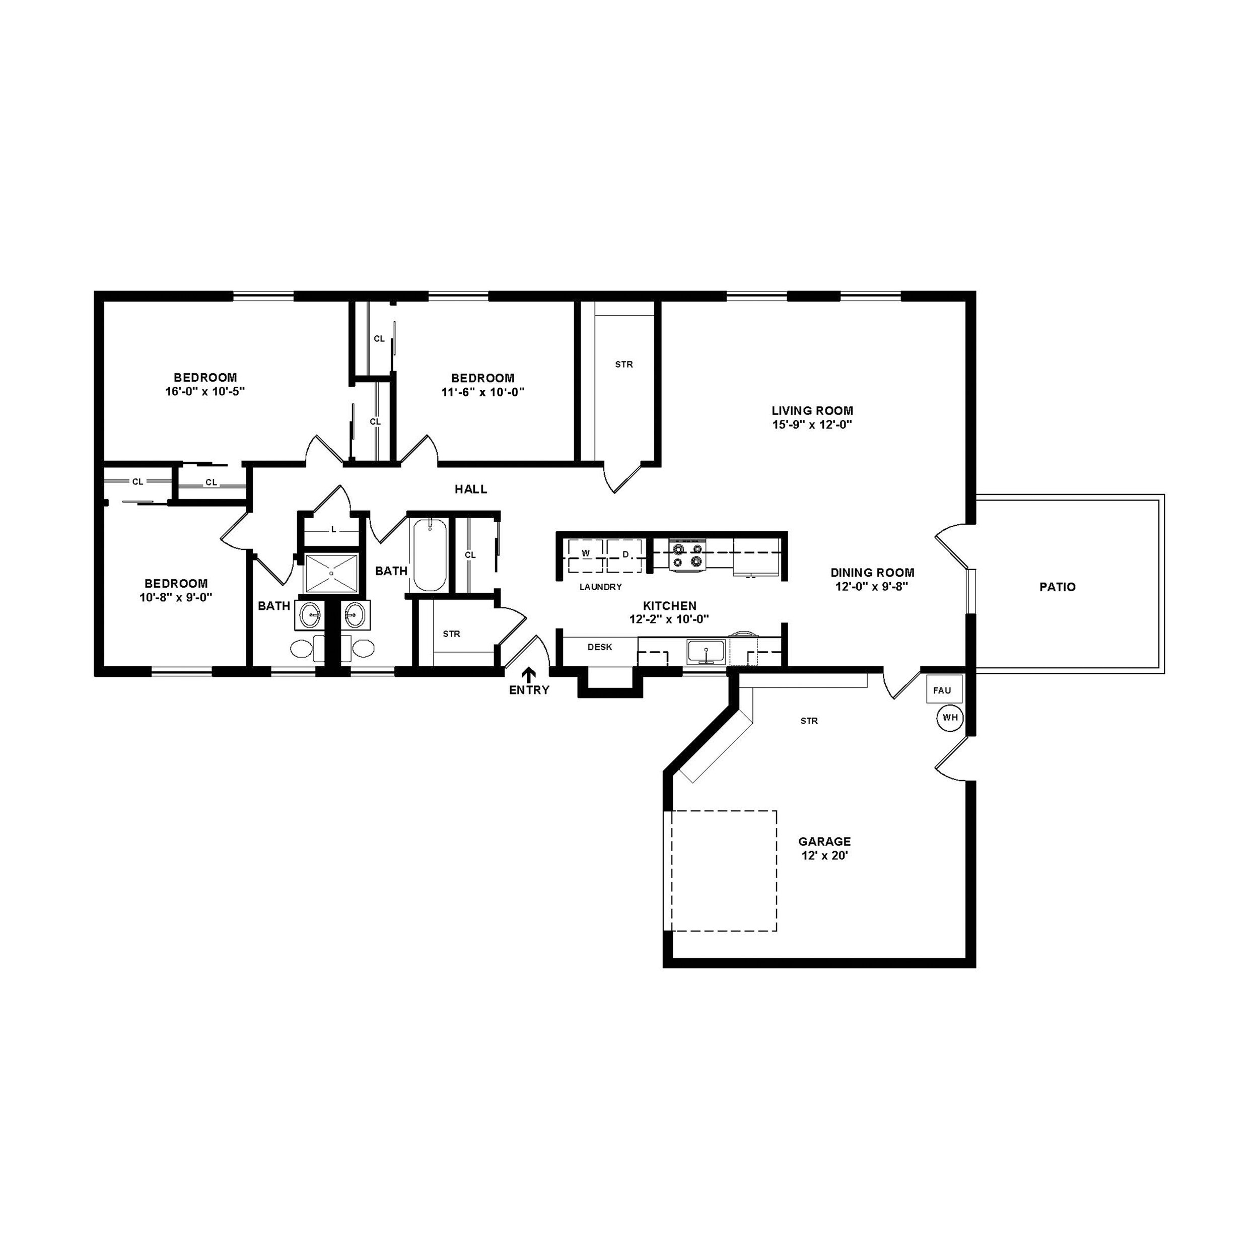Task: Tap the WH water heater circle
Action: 950,718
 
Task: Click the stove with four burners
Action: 688,555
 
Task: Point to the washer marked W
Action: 585,554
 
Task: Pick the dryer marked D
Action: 625,555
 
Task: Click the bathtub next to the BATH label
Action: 430,555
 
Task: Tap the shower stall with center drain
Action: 332,573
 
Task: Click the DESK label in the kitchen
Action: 599,647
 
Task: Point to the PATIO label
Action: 1057,587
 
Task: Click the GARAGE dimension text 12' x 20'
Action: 824,856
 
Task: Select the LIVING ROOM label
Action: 812,410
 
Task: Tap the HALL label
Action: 470,489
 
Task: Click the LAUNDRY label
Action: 600,587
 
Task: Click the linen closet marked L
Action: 333,530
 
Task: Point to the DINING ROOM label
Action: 872,573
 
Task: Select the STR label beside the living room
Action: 623,364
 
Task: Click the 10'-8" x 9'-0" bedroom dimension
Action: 176,597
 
